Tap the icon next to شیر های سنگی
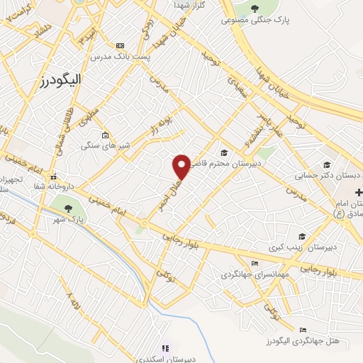tap(106, 135)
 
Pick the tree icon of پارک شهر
tap(68, 208)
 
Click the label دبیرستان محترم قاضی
tap(257, 161)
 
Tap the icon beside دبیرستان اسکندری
tap(165, 348)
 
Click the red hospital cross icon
tap(359, 192)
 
